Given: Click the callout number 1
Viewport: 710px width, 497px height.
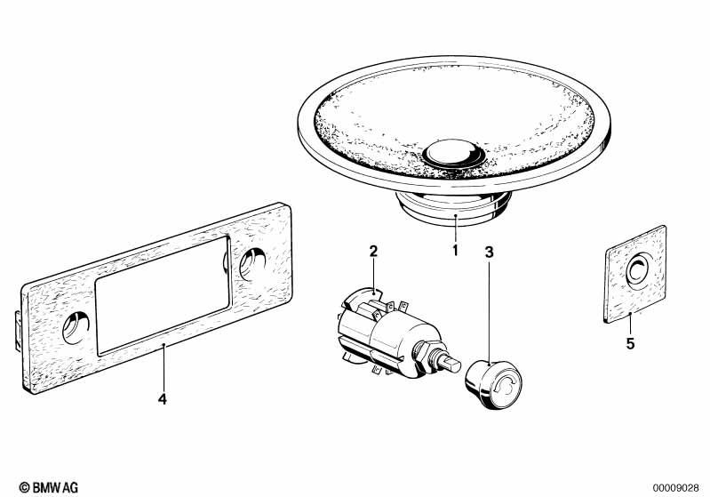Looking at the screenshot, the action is point(455,251).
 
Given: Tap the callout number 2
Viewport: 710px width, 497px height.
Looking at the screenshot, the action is point(374,252).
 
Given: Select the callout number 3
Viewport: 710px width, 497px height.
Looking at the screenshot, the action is point(489,252).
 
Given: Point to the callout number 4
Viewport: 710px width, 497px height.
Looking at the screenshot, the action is point(162,399).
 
